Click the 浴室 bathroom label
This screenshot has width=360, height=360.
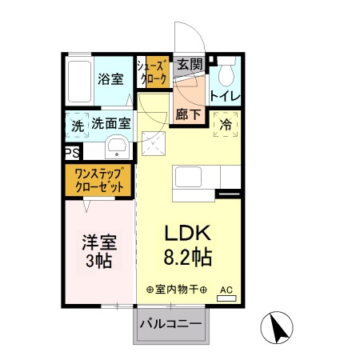point(110,79)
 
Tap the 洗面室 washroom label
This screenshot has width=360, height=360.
point(110,125)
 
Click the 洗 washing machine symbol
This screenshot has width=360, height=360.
point(78,126)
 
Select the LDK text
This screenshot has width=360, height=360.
point(186,234)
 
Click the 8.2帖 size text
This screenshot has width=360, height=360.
point(186,258)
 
